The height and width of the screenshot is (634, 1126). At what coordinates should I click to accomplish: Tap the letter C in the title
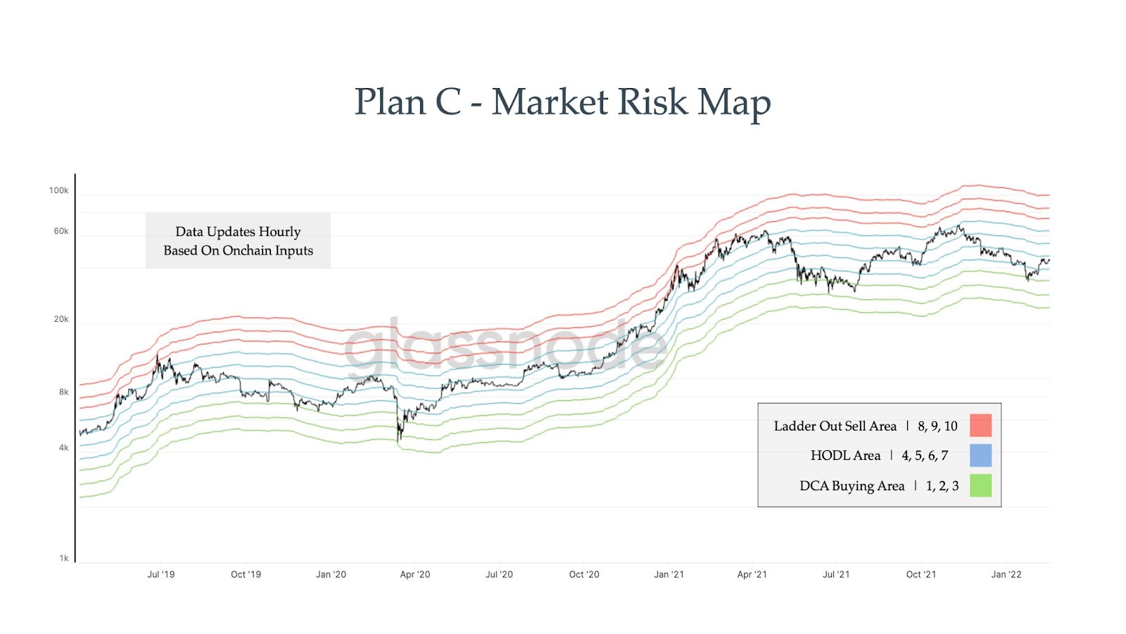[448, 102]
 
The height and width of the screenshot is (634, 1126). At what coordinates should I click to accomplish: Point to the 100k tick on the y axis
[59, 190]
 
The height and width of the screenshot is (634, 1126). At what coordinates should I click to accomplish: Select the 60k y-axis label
[61, 231]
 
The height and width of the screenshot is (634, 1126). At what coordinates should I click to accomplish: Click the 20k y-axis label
[61, 319]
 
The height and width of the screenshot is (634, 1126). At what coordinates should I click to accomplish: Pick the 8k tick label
[63, 392]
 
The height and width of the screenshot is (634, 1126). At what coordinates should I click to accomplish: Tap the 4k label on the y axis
[63, 448]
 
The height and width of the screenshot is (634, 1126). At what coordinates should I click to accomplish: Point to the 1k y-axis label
[64, 559]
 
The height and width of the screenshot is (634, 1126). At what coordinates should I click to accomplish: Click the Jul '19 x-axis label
[161, 575]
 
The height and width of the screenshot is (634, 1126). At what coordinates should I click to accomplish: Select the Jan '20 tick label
[331, 575]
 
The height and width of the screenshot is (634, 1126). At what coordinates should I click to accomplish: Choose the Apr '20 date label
[415, 575]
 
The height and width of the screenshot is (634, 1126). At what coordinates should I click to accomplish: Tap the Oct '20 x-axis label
[584, 575]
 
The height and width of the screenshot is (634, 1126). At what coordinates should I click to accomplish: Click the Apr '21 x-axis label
[752, 575]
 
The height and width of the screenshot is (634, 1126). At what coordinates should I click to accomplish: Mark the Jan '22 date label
[1006, 575]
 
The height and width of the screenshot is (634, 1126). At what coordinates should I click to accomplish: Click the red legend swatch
[980, 425]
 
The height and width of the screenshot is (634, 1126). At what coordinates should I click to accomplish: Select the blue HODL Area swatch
[980, 455]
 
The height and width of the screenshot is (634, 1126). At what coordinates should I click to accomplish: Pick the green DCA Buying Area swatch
[980, 485]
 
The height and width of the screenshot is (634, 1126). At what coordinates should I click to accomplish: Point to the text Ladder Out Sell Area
[835, 426]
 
